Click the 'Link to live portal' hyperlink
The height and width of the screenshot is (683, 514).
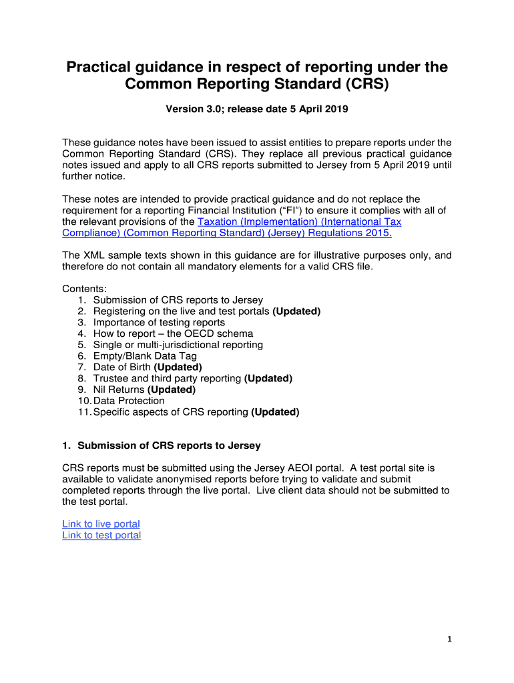click(101, 524)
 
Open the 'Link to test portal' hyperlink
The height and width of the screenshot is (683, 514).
click(101, 536)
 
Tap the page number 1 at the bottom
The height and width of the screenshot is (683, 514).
click(450, 639)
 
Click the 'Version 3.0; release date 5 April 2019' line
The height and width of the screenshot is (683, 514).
click(257, 109)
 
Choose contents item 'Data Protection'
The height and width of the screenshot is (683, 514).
click(129, 401)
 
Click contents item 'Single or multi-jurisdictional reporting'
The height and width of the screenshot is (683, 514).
click(178, 345)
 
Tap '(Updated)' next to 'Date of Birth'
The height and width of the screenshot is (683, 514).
click(178, 367)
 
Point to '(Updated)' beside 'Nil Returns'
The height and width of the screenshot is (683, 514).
click(172, 390)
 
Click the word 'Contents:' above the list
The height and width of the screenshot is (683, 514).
click(84, 289)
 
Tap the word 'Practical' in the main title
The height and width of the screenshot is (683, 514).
click(96, 67)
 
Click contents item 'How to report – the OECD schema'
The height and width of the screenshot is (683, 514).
click(173, 333)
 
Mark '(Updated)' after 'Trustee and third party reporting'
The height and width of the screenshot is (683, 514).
click(268, 378)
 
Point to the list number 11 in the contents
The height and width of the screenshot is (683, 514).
click(84, 412)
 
